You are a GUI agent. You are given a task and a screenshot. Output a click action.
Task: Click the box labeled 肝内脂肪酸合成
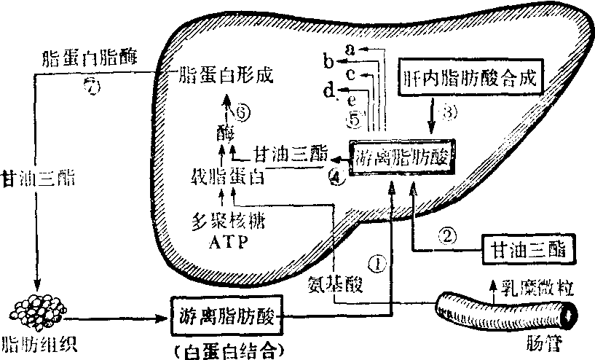click(470, 77)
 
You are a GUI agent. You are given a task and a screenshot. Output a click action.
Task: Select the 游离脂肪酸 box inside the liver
click(401, 155)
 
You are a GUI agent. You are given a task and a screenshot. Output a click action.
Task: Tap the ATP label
click(222, 241)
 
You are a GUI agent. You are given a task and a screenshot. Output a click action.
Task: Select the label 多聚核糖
click(222, 222)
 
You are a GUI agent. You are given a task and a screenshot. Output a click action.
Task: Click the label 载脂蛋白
click(222, 177)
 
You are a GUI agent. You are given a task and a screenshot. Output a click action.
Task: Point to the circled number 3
click(449, 112)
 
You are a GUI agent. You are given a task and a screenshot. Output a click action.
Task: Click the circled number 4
click(335, 177)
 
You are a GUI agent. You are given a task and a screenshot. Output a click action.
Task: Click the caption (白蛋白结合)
click(227, 348)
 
